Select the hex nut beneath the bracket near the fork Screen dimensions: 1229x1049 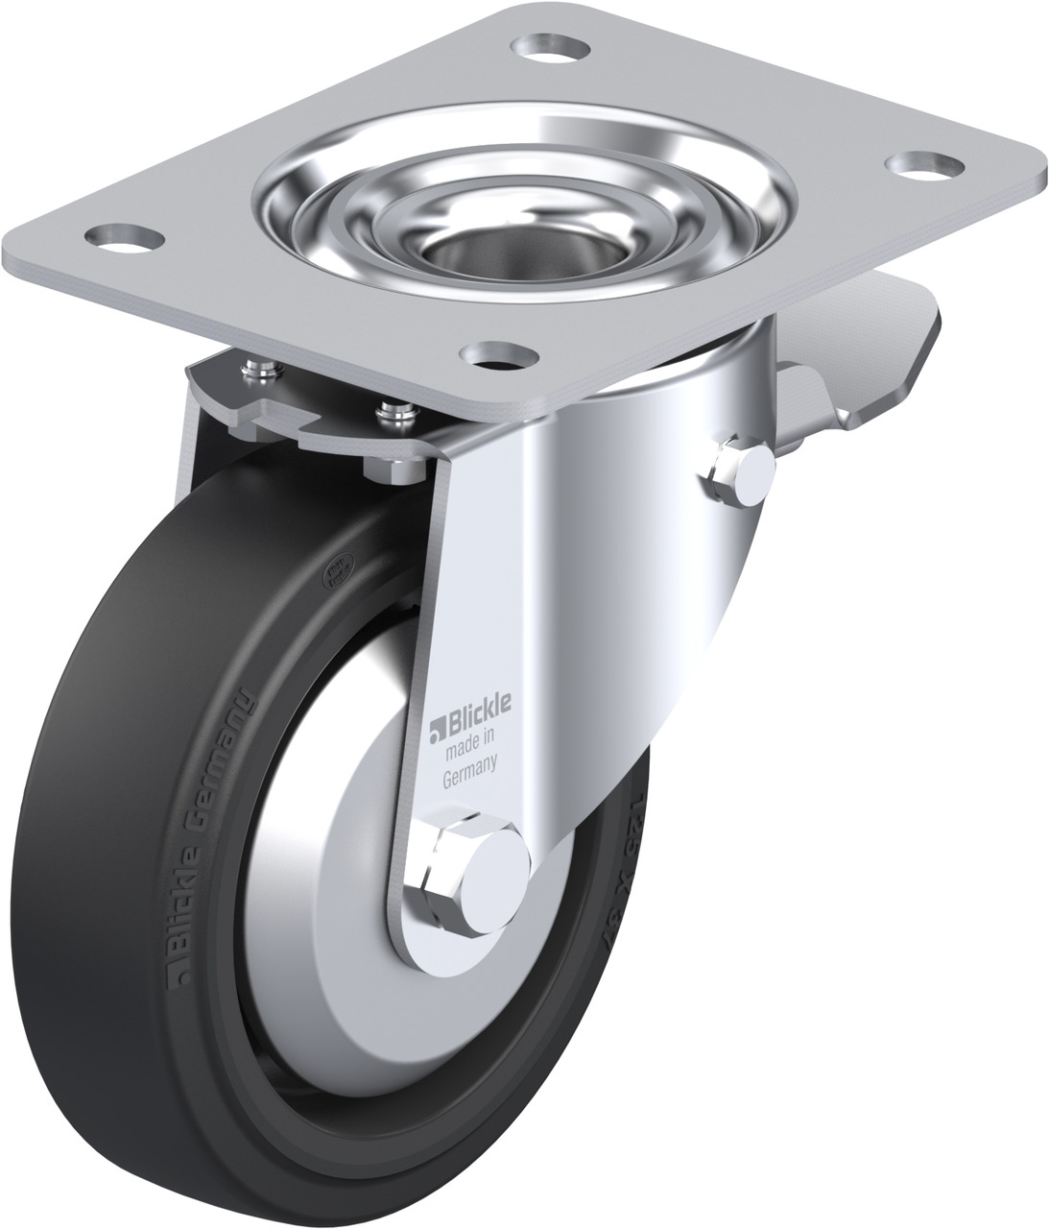tap(394, 468)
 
